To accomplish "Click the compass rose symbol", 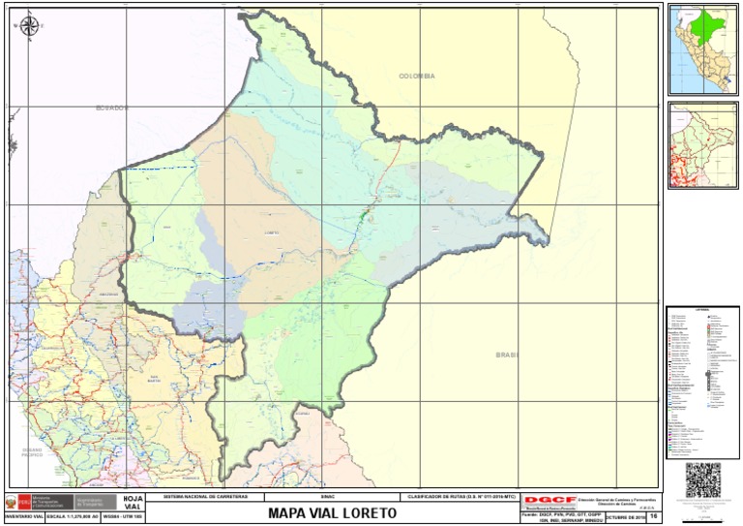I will pyautogui.click(x=29, y=26).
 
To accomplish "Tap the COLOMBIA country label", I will pyautogui.click(x=417, y=76).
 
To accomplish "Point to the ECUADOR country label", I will pyautogui.click(x=111, y=108).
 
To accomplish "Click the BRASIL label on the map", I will pyautogui.click(x=507, y=356).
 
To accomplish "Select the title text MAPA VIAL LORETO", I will pyautogui.click(x=333, y=511).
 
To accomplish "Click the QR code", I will pyautogui.click(x=703, y=480).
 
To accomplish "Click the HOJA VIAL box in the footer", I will pyautogui.click(x=133, y=503).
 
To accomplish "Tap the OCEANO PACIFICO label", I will pyautogui.click(x=33, y=452).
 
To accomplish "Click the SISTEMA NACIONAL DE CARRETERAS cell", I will pyautogui.click(x=206, y=495).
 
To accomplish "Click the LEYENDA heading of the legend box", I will pyautogui.click(x=702, y=310).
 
